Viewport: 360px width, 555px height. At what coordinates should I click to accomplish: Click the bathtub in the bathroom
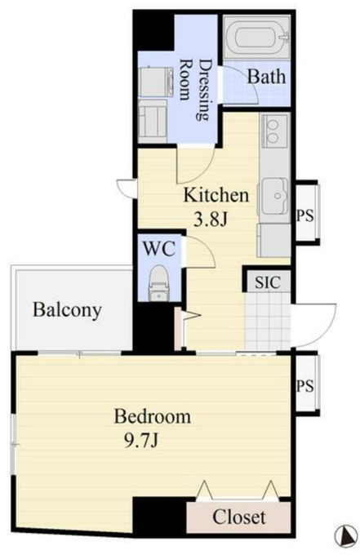click(x=257, y=36)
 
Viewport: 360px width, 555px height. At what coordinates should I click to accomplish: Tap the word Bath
click(x=266, y=76)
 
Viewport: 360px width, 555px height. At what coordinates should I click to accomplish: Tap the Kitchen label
click(x=216, y=195)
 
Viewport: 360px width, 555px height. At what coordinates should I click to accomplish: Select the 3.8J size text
click(x=210, y=220)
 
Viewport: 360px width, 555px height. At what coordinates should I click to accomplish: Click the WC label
click(x=159, y=248)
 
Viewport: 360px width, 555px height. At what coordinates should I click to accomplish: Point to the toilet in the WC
click(x=159, y=283)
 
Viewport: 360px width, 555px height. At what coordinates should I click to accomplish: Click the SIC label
click(x=268, y=282)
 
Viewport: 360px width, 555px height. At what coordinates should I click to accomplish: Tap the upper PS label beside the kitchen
click(x=305, y=215)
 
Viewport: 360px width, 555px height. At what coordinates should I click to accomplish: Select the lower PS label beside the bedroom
click(x=305, y=385)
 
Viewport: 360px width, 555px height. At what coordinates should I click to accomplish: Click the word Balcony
click(x=67, y=309)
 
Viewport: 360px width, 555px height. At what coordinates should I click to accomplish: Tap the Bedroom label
click(x=153, y=416)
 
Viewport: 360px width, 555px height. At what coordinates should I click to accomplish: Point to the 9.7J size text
click(x=141, y=441)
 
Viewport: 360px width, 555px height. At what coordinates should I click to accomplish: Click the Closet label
click(x=239, y=517)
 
